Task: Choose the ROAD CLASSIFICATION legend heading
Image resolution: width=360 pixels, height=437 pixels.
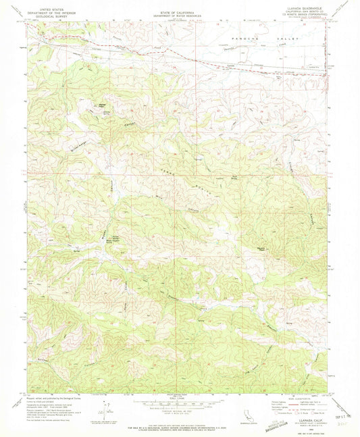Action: click(298, 399)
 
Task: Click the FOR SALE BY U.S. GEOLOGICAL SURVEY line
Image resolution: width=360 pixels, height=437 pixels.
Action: click(179, 427)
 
